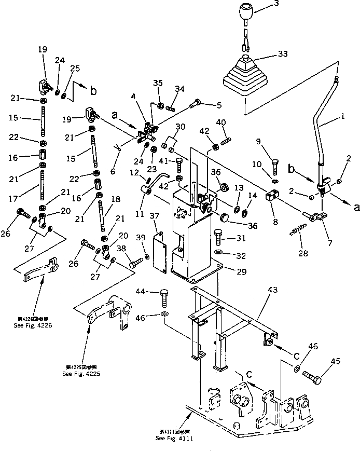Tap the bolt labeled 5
[x=197, y=104]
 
